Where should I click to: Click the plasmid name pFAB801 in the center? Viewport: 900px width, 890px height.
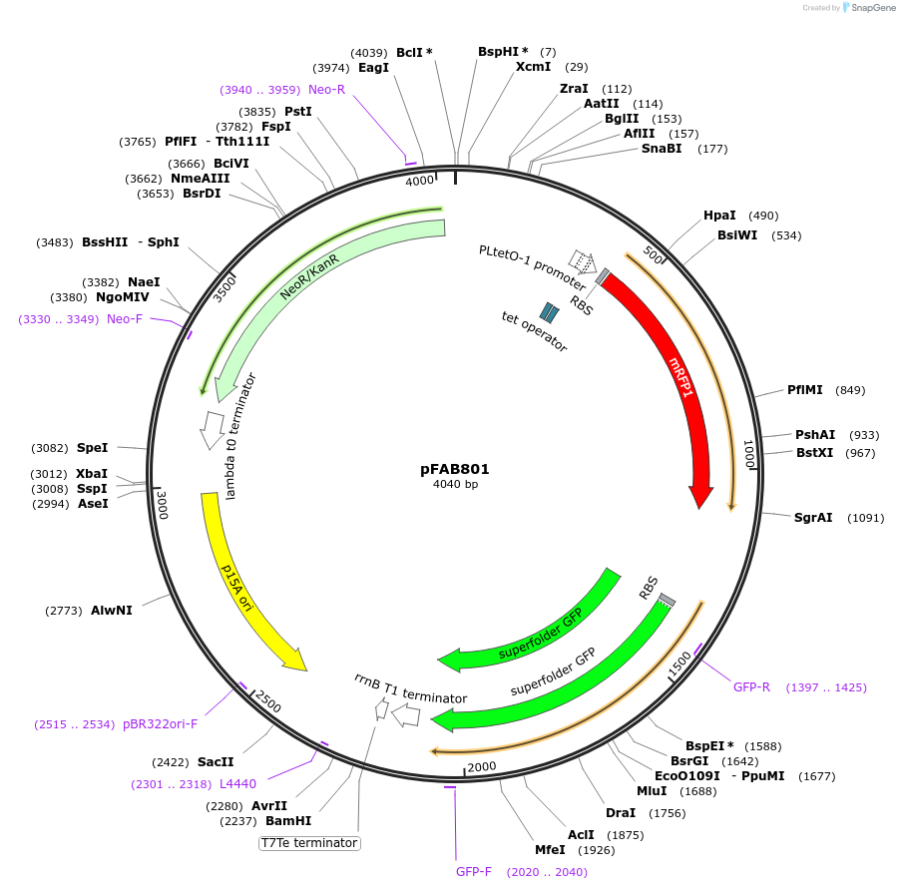coord(454,468)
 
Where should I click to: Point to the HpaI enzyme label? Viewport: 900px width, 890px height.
coord(719,216)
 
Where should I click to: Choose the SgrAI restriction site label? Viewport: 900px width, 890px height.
coord(813,518)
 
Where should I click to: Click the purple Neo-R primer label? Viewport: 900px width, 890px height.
coord(326,90)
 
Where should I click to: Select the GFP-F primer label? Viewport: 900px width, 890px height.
coord(474,871)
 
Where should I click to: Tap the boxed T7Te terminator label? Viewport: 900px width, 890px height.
coord(309,843)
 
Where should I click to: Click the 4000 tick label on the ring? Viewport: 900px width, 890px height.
coord(419,181)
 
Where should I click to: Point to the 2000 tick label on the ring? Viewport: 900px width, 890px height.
coord(482,766)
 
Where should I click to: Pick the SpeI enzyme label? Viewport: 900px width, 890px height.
coord(92,448)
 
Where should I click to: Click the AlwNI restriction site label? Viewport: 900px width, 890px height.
coord(111,610)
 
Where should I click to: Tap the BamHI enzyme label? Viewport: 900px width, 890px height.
coord(288,821)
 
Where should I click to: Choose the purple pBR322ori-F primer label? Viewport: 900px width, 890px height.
coord(161,724)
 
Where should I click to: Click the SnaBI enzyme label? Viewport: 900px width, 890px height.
coord(662,150)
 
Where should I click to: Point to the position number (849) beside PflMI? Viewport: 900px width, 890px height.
coord(849,390)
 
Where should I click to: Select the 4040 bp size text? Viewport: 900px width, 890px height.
coord(455,485)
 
